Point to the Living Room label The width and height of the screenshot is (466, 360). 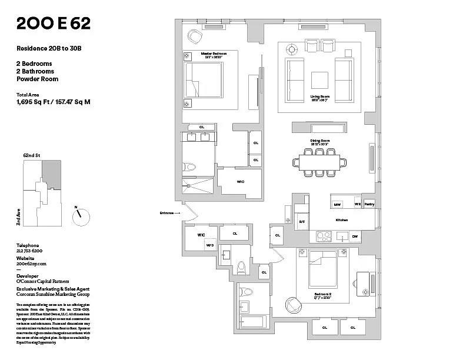[x=319, y=97]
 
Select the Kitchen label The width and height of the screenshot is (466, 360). [x=341, y=220]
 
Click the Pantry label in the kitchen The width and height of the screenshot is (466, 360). [x=369, y=204]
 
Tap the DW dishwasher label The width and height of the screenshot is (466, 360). [x=355, y=236]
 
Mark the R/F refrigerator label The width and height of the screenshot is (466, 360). [x=302, y=221]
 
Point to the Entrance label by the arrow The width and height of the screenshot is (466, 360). [x=167, y=213]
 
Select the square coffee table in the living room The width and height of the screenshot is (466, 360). [x=319, y=80]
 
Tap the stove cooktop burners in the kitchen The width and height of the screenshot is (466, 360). [x=324, y=236]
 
